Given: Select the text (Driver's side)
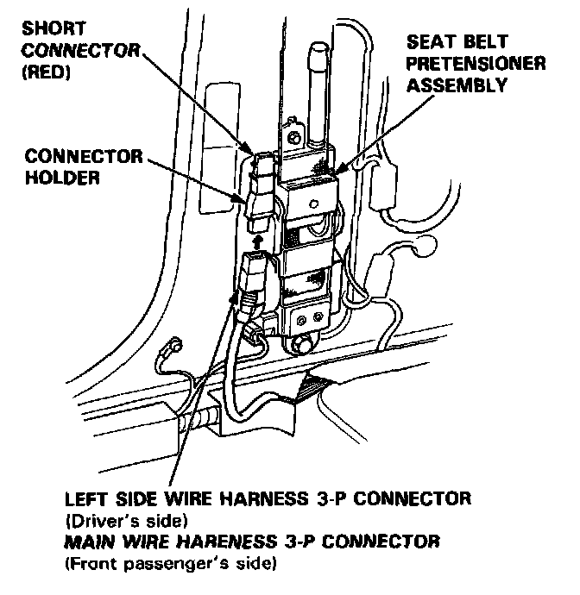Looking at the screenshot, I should point(126,522).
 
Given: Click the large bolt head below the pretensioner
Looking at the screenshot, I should point(303,346).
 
